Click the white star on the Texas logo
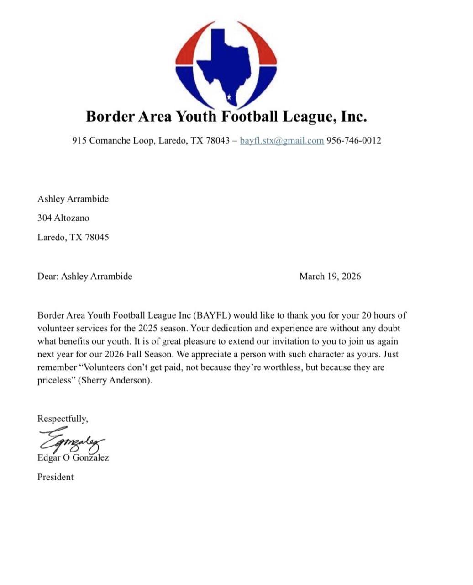pos(229,96)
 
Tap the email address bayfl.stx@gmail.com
pos(282,140)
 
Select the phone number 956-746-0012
pos(353,140)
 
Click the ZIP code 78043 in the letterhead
pos(218,140)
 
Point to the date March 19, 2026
pos(330,276)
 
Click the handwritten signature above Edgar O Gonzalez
pos(72,440)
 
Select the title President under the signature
pos(55,477)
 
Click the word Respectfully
pos(63,419)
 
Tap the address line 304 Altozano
pos(63,218)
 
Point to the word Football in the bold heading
pos(250,116)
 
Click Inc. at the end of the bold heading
pos(354,116)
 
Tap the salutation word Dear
pos(48,276)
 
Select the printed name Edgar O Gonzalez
pos(73,457)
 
